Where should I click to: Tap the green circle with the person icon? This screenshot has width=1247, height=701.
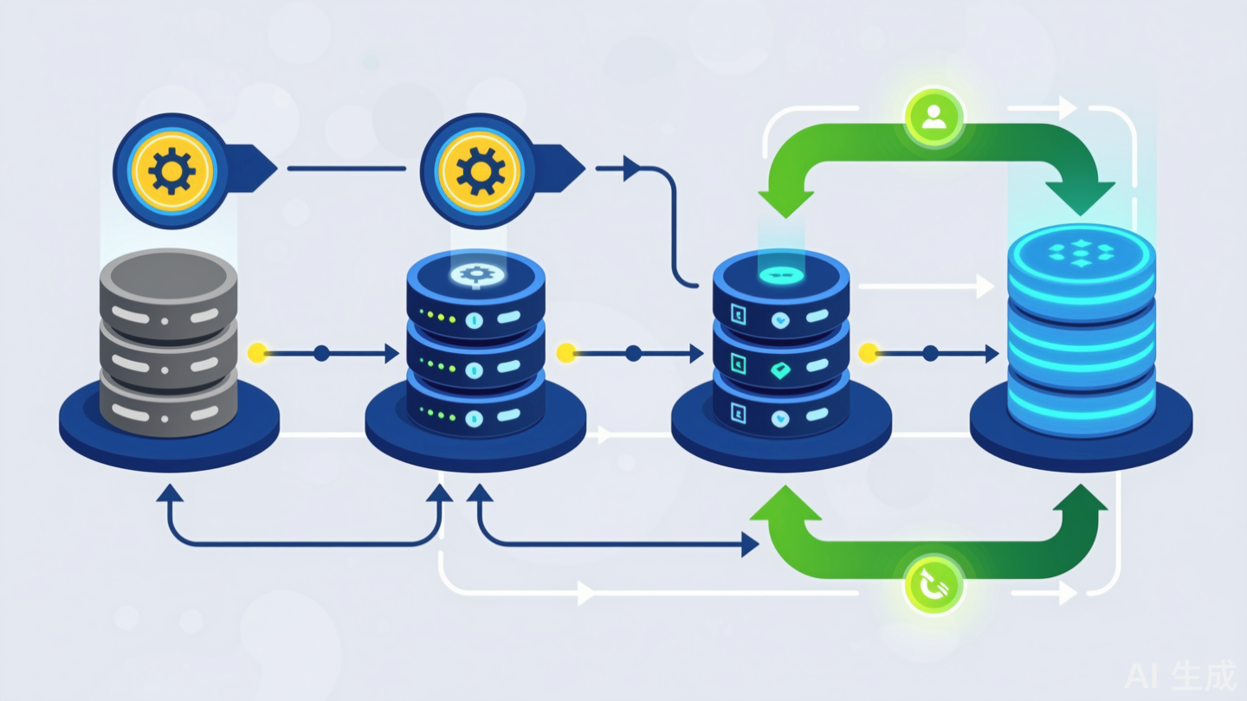(934, 119)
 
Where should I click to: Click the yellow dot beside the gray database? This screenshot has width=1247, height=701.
(256, 353)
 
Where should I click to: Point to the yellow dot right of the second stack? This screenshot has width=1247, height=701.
(565, 353)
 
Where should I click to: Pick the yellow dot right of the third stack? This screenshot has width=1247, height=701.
(868, 353)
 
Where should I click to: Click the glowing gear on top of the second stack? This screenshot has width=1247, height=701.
(474, 274)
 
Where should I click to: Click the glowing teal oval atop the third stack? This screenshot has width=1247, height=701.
(780, 274)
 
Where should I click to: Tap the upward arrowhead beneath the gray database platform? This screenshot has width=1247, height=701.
(170, 494)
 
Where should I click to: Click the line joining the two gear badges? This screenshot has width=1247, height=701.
(346, 169)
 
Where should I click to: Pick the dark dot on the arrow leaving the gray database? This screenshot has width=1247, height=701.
(321, 353)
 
